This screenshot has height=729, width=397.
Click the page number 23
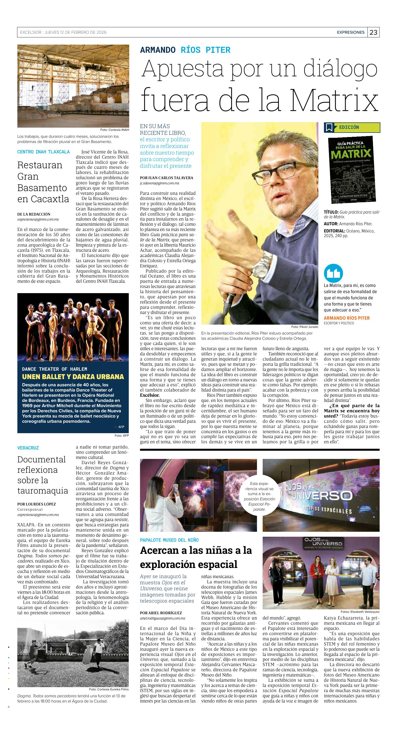pyautogui.click(x=373, y=32)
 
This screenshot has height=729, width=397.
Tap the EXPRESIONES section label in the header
pyautogui.click(x=351, y=32)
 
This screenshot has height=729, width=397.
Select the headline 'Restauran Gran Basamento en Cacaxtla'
pyautogui.click(x=43, y=182)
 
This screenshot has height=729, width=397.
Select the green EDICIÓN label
pyautogui.click(x=357, y=127)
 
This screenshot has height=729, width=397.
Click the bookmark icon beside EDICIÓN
pyautogui.click(x=329, y=127)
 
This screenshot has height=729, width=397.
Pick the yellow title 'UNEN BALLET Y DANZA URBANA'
pyautogui.click(x=73, y=377)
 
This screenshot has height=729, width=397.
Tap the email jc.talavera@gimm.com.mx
pyautogui.click(x=160, y=183)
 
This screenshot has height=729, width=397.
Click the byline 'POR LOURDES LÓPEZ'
pyautogui.click(x=36, y=504)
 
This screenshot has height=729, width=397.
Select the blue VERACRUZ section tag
pyautogui.click(x=28, y=448)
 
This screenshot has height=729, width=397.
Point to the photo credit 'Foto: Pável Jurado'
pyautogui.click(x=304, y=327)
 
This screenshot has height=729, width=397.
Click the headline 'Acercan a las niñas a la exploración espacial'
pyautogui.click(x=196, y=557)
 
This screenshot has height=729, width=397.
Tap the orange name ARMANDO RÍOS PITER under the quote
pyautogui.click(x=347, y=318)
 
